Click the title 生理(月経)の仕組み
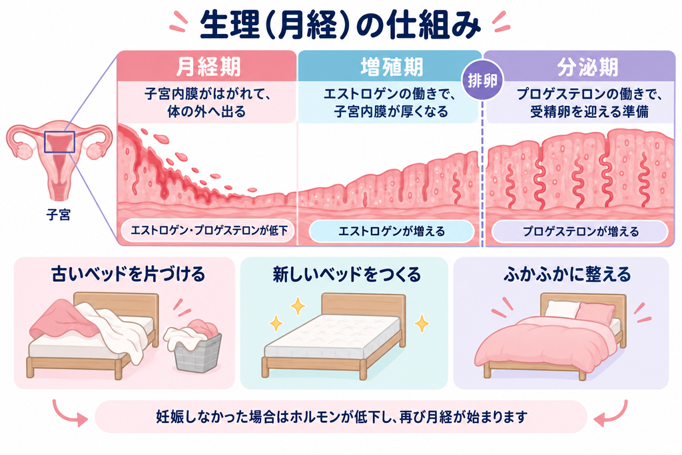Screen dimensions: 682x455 (340, 26)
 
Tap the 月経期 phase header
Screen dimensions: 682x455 (208, 67)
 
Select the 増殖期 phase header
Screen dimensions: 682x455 (391, 67)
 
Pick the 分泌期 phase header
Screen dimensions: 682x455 (587, 67)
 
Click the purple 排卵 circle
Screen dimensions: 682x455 (482, 81)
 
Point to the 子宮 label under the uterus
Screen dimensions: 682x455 (58, 215)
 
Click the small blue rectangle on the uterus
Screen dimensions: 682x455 (59, 142)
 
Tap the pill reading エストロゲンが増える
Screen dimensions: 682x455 (391, 231)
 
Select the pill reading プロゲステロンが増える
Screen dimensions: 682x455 (580, 231)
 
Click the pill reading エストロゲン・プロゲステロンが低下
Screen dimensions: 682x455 (208, 230)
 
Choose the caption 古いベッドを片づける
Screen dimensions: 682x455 (128, 274)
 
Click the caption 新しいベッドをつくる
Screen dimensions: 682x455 (346, 274)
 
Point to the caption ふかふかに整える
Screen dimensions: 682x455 (567, 274)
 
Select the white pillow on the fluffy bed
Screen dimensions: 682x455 (561, 309)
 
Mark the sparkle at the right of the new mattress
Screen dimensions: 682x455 (422, 323)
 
